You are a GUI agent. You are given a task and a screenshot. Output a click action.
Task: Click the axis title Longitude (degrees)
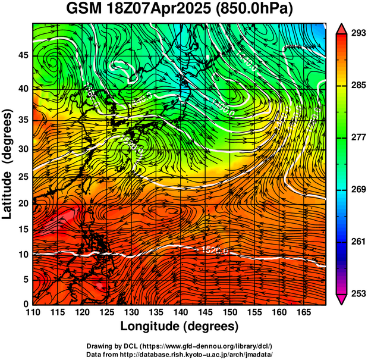(180, 327)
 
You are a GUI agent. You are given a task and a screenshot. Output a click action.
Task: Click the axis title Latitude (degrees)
(8, 164)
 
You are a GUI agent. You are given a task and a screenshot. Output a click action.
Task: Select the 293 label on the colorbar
(356, 33)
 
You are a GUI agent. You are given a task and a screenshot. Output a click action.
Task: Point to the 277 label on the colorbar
(356, 137)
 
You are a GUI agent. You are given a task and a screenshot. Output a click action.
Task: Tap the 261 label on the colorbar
(356, 242)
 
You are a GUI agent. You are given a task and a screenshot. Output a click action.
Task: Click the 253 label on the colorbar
(356, 293)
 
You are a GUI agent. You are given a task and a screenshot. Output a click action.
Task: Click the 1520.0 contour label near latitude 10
(215, 250)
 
